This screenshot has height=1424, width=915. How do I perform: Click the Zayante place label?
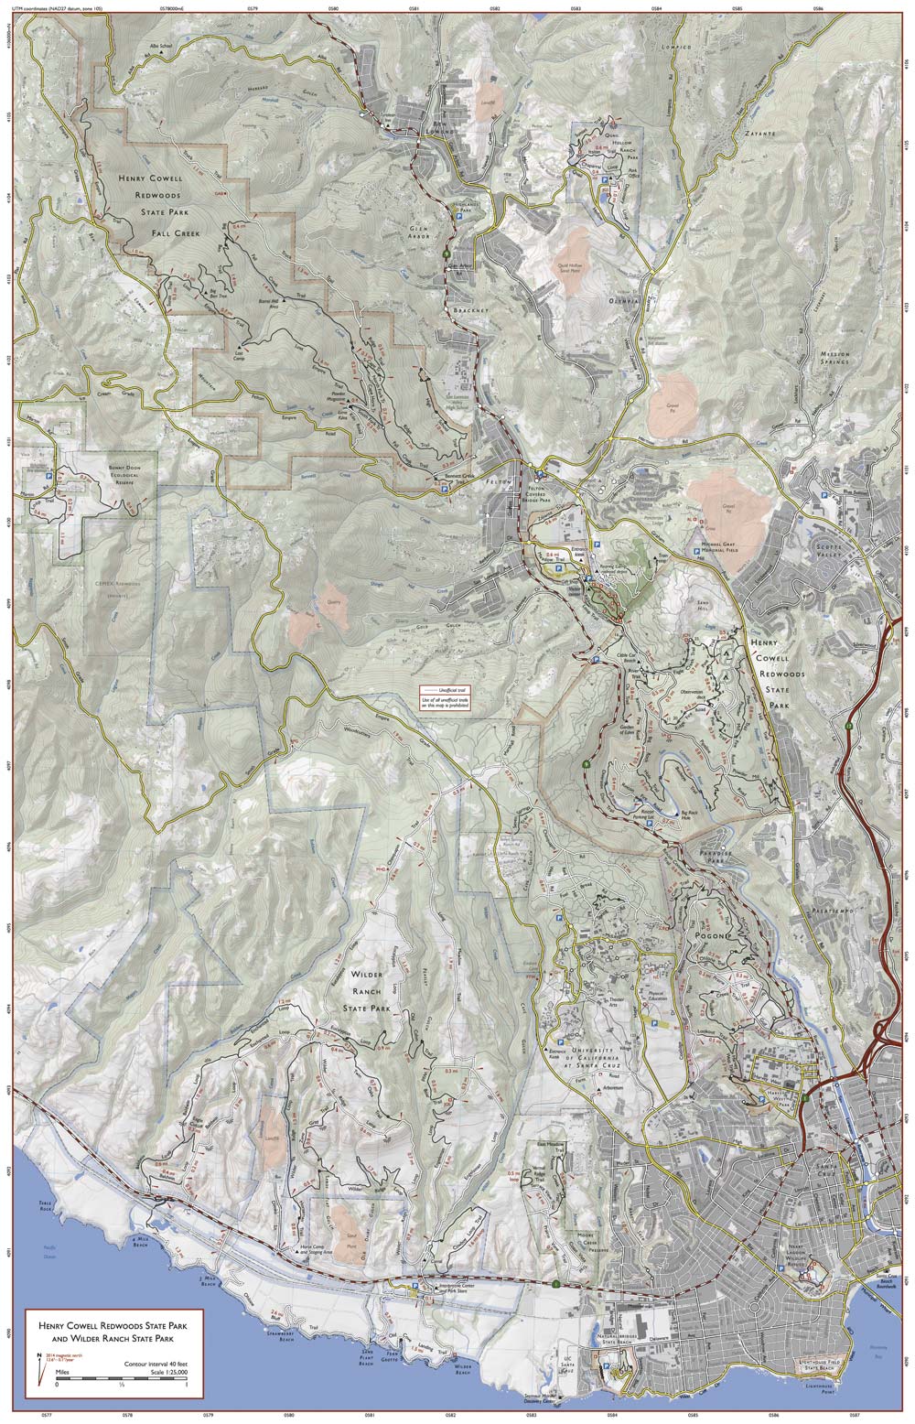(x=759, y=133)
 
